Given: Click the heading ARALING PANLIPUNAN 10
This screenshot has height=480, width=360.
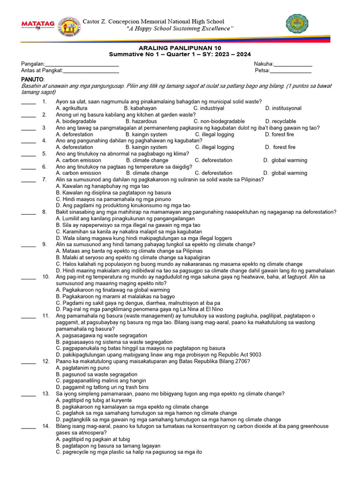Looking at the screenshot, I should tap(180, 48).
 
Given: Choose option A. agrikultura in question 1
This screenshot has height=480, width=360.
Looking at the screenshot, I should tap(71, 108).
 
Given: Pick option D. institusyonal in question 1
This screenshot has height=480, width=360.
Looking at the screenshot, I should tap(283, 108).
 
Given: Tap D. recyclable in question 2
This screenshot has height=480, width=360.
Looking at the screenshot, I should tap(280, 121).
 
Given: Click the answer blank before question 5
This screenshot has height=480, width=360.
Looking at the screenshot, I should tap(28, 154).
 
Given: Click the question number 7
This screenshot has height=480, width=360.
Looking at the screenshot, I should tap(45, 180).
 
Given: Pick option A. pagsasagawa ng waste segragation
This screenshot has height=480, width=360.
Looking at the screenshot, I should tap(101, 336).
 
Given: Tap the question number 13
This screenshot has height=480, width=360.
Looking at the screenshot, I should tap(46, 394).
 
